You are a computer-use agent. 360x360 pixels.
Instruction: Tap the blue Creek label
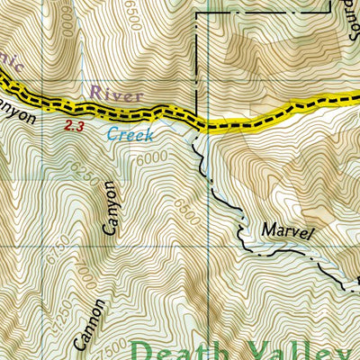pyautogui.click(x=130, y=135)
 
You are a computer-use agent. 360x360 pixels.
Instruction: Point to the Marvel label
pyautogui.click(x=288, y=231)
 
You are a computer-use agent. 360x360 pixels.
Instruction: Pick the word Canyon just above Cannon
pyautogui.click(x=110, y=209)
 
